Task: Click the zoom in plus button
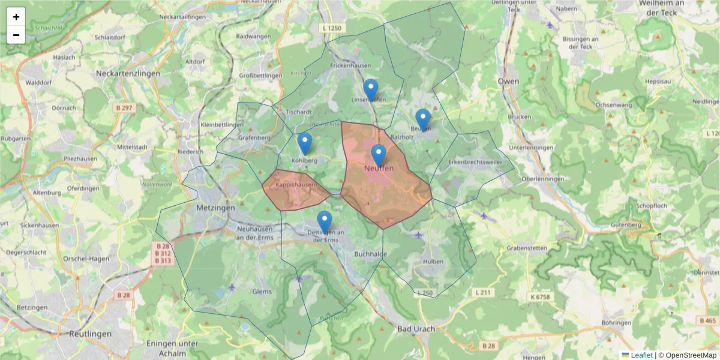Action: coord(16,17)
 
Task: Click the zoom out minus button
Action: coord(16,35)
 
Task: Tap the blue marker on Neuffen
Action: coord(378,155)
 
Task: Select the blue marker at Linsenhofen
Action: coord(371,89)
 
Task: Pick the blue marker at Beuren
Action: coord(423,119)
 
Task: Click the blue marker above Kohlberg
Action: coord(305,143)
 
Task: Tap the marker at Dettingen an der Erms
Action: coord(325,222)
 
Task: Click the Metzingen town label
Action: coord(215,208)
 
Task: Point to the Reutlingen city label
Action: coord(90,334)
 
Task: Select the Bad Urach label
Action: coord(416,329)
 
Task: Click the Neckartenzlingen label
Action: coord(128,73)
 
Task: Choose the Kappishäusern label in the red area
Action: coord(296,185)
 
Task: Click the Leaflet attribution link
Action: coord(641,355)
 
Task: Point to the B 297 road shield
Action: coord(125,107)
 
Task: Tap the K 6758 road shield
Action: coord(540,296)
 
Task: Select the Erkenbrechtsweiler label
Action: coord(475,162)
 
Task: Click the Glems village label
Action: coord(262,292)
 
